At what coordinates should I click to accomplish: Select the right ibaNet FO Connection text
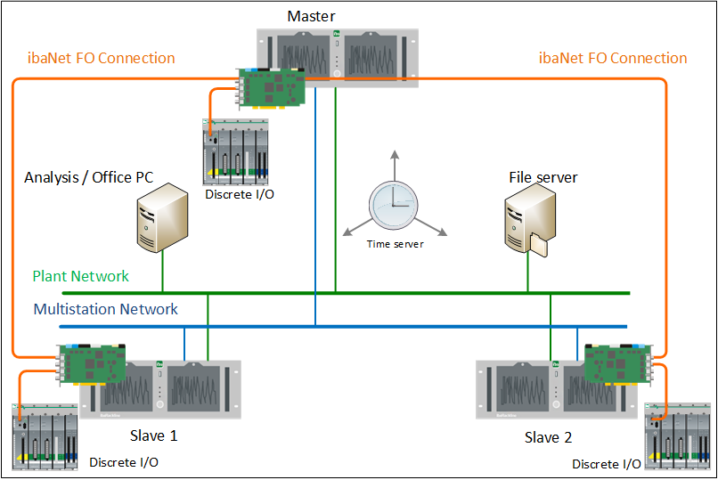coord(613,59)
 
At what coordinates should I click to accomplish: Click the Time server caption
coord(396,243)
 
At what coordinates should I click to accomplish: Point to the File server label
coord(543,177)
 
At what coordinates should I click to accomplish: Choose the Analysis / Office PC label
coord(88,177)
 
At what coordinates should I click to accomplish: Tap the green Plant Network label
coord(81,276)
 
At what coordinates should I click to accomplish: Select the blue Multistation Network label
coord(105,310)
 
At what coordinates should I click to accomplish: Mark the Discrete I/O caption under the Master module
coord(238,193)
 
